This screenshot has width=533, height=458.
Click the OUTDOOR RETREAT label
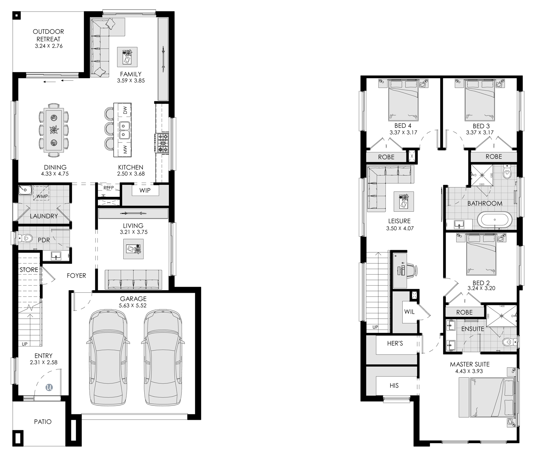click(48, 35)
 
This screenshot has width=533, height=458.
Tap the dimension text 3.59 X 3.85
click(131, 81)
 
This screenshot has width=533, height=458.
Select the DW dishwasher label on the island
click(125, 110)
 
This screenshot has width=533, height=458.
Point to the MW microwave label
click(125, 150)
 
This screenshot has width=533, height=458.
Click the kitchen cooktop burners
click(162, 142)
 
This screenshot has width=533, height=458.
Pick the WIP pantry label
click(145, 190)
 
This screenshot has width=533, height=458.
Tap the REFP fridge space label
click(109, 188)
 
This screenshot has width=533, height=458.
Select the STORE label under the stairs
click(29, 270)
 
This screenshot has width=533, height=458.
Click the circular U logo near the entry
click(49, 387)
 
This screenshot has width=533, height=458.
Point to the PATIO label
click(43, 422)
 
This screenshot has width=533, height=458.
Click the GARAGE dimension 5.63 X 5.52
click(133, 306)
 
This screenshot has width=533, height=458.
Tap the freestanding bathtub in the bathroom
click(495, 220)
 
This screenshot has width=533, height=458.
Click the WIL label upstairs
click(409, 312)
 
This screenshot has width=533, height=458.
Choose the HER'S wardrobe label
click(395, 343)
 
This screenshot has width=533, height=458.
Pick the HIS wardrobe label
click(394, 385)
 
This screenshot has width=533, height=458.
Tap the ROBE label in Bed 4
click(386, 157)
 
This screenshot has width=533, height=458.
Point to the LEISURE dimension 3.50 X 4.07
click(400, 228)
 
